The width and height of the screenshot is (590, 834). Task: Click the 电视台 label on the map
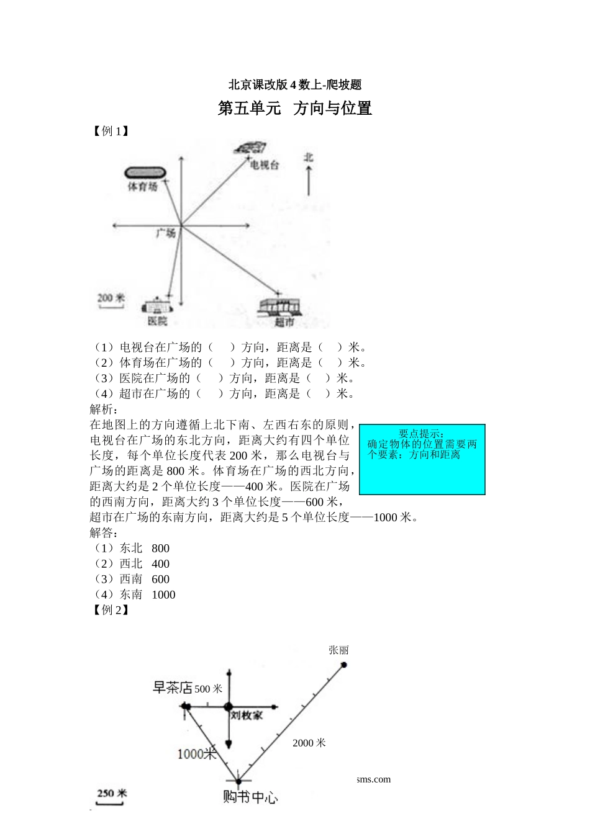point(264,165)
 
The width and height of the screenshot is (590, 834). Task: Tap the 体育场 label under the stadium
point(143,186)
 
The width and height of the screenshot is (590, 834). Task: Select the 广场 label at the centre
point(166,233)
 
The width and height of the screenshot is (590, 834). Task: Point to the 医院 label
point(157,321)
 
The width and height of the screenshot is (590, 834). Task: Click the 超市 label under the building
point(284,322)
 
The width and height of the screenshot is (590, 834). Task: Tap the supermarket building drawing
point(279,307)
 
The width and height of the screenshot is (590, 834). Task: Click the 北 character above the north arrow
point(309,158)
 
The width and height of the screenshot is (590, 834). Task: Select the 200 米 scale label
point(111,298)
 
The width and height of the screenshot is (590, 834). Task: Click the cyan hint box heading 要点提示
point(422,434)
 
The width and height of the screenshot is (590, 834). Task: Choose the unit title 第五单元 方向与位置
point(295,109)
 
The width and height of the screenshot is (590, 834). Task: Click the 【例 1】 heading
point(111,131)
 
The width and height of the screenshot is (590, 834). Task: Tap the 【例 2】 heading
point(111,610)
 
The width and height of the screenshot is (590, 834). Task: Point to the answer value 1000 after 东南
point(163,594)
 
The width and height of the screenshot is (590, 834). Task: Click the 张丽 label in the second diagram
point(338,650)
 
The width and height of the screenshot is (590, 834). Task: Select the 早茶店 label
point(173,688)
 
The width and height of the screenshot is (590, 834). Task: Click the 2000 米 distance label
point(309,743)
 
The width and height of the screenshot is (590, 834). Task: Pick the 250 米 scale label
point(112,793)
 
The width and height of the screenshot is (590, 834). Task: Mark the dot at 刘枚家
point(228,706)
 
